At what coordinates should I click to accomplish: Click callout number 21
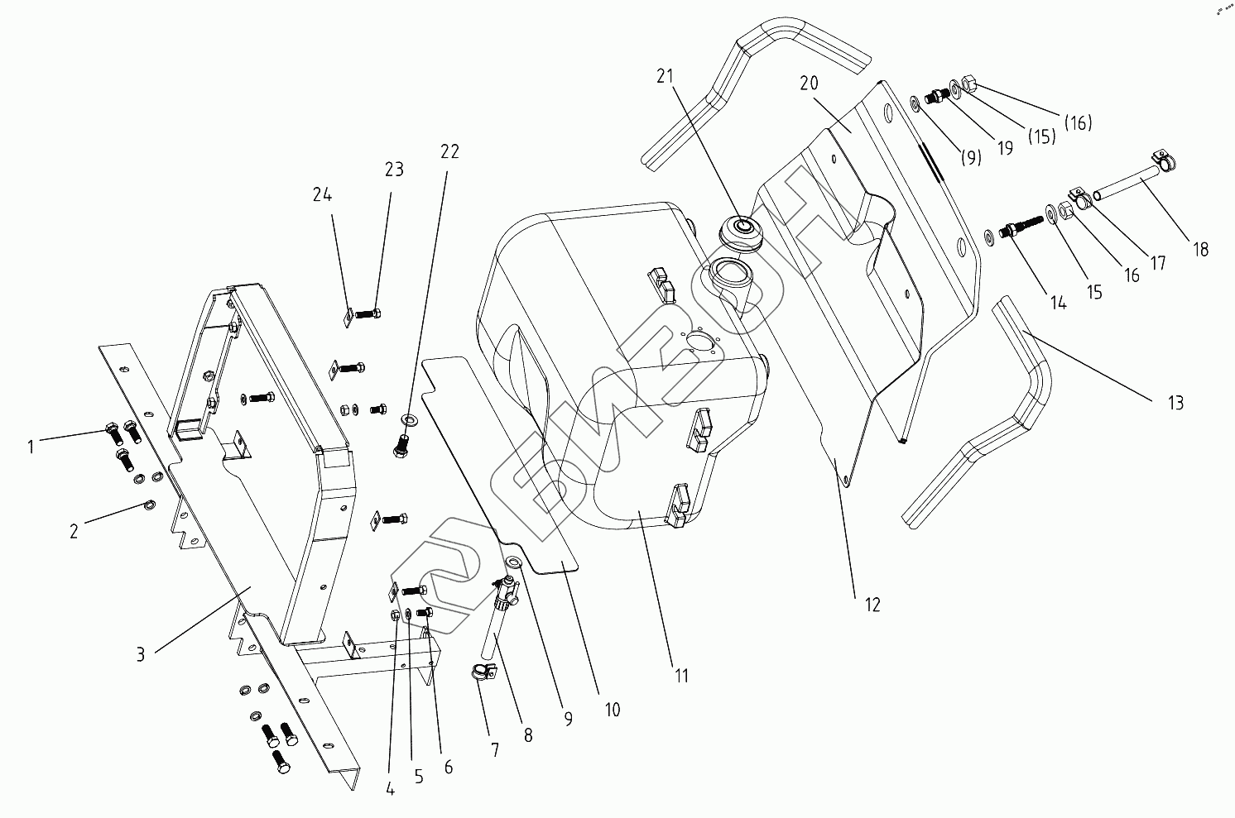[x=665, y=77]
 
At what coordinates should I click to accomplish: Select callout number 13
[x=1175, y=403]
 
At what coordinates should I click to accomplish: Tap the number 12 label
[x=872, y=605]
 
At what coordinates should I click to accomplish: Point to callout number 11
[x=680, y=676]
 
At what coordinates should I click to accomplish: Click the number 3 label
[x=141, y=654]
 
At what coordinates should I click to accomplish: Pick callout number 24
[x=322, y=195]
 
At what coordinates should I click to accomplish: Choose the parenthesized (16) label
[x=1078, y=122]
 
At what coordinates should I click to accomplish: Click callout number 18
[x=1200, y=249]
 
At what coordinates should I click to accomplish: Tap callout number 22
[x=449, y=151]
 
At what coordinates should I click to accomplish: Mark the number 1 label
[x=31, y=447]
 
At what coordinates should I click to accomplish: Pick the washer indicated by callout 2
[x=150, y=505]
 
